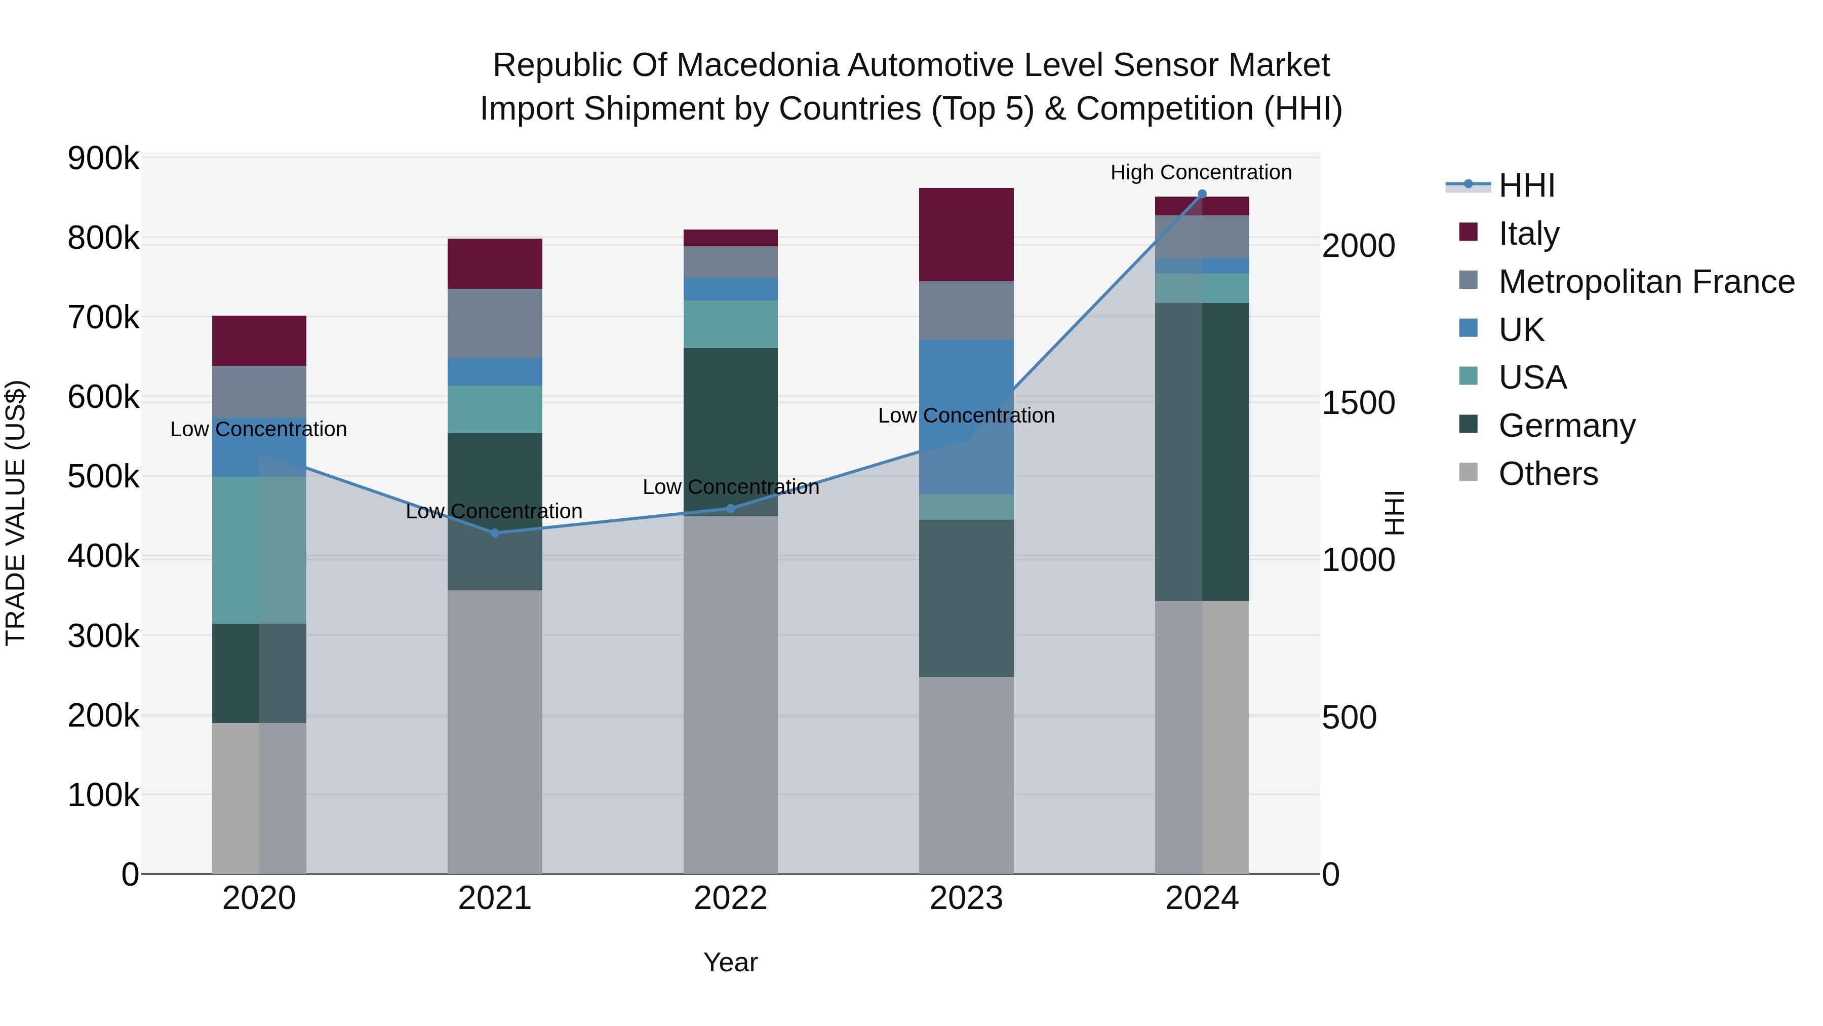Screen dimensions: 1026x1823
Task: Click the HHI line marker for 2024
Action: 1202,194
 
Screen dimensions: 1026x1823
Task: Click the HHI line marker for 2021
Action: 495,533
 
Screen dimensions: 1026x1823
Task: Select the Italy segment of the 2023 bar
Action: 966,235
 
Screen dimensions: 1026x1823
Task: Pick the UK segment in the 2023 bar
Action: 966,397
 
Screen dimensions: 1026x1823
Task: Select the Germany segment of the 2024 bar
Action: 1202,452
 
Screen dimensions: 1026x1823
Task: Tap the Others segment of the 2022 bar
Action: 730,694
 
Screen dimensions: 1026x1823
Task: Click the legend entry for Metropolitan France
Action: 1646,282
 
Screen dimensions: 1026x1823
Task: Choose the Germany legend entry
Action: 1567,426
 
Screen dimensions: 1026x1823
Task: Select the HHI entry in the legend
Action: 1526,185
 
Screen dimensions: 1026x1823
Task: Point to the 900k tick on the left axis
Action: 103,158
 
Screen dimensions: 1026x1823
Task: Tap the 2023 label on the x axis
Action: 966,898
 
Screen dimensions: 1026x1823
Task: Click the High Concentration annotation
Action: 1201,172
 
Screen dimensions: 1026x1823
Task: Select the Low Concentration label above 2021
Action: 494,511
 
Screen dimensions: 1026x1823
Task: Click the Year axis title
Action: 730,962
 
